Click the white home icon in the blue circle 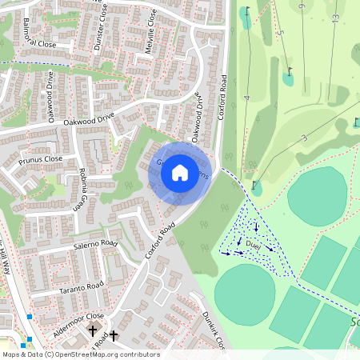tap(180, 172)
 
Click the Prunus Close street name tap(41, 160)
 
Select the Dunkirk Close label tap(214, 330)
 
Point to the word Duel tap(254, 242)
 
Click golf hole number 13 tap(334, 17)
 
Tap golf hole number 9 tap(301, 7)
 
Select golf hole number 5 tap(282, 34)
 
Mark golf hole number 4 tap(248, 98)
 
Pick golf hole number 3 tap(304, 138)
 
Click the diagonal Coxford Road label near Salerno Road tap(160, 241)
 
